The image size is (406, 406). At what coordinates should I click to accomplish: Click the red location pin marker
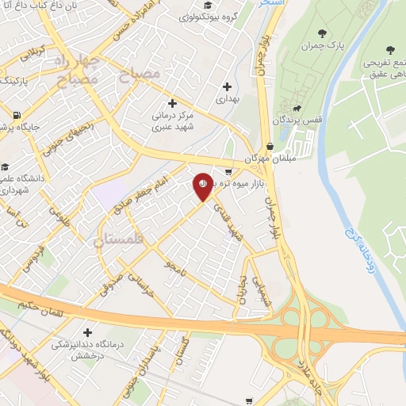pos(203,186)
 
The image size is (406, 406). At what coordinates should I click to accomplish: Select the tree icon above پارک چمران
pos(323,33)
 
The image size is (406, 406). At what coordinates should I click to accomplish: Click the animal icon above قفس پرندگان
pos(297,109)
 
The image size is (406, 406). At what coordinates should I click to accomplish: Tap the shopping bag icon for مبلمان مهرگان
pos(271,146)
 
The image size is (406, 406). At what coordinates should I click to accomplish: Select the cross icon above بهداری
pos(228,86)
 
